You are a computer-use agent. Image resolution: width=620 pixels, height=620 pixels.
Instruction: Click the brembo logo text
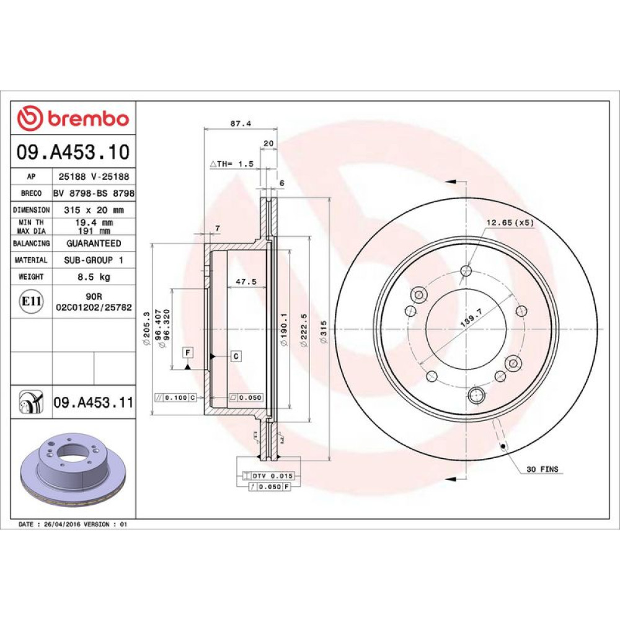click(x=88, y=118)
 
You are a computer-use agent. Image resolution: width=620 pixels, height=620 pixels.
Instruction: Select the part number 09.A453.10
click(x=73, y=152)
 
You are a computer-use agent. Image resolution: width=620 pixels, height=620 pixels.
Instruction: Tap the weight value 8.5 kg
click(x=94, y=277)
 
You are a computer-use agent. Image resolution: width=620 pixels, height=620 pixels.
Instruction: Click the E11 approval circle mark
click(x=31, y=301)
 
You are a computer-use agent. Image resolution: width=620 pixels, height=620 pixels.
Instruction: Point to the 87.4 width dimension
click(x=241, y=123)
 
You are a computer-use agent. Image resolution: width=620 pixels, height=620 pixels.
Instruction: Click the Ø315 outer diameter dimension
click(x=324, y=332)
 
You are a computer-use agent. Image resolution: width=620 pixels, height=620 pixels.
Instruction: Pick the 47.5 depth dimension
click(x=246, y=281)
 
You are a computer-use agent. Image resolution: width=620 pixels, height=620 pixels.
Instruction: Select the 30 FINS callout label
click(x=542, y=469)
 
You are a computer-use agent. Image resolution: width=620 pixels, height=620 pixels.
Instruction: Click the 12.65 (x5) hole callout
click(x=510, y=223)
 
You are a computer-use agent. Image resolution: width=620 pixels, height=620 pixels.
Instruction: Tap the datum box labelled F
click(x=188, y=352)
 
